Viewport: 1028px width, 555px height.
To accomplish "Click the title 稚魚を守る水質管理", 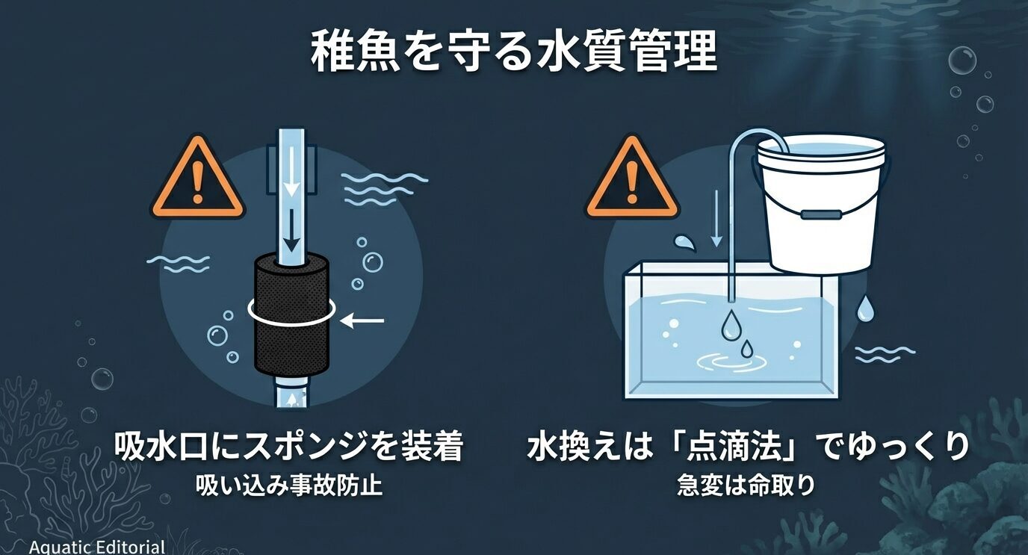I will click(x=513, y=52).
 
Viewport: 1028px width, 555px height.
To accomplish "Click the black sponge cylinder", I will click(x=291, y=313).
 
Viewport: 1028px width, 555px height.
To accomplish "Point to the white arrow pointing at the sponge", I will click(x=363, y=321).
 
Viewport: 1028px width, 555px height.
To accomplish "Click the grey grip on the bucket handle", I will click(x=820, y=214).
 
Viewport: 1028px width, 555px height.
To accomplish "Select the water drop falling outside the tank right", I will click(x=864, y=308).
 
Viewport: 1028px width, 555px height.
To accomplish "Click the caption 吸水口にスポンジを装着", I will click(x=288, y=447).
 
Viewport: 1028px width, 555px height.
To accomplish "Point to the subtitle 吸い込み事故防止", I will click(x=288, y=486).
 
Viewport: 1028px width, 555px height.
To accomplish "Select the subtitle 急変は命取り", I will click(x=745, y=486).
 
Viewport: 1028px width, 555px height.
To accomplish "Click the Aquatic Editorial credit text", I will click(x=97, y=547).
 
